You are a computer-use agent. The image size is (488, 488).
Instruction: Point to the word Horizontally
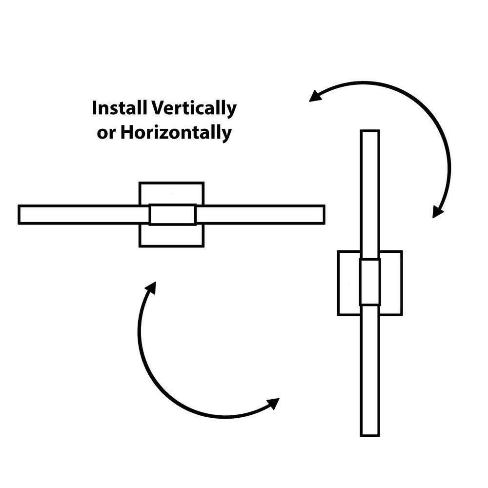coord(176,133)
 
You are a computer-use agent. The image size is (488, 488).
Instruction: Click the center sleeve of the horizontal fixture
coord(172,215)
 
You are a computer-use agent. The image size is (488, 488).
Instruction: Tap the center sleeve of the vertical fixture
coord(369,283)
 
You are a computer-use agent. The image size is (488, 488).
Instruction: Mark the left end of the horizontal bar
coord(20,215)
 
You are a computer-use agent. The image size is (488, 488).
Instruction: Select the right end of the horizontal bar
coord(322,215)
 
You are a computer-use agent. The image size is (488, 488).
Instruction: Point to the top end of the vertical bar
coord(369,132)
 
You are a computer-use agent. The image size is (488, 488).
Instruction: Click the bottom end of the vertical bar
coord(369,434)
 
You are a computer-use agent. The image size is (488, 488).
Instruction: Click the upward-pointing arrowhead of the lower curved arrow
coord(151,288)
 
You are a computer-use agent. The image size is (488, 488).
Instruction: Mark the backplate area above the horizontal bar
coord(171,194)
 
